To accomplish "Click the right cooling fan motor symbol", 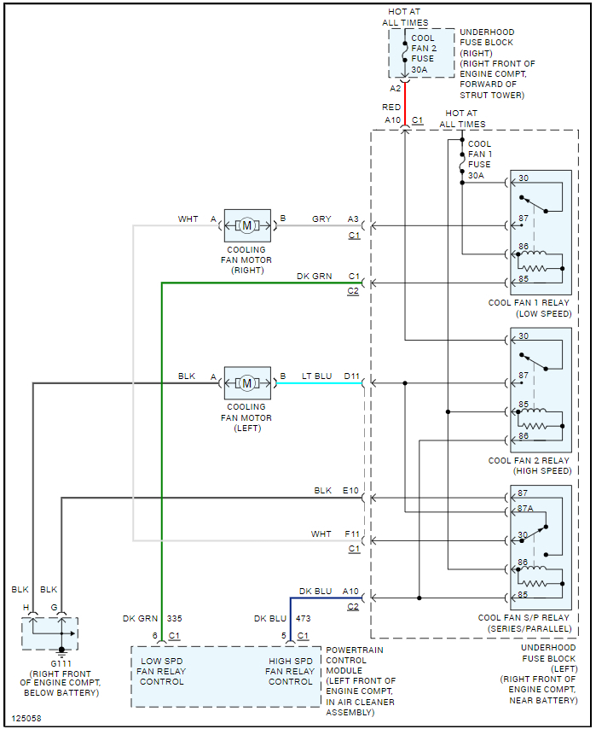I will coord(247,225).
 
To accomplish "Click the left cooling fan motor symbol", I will coord(247,382).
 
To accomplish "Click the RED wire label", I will coord(391,108).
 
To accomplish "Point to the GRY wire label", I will coord(321,219).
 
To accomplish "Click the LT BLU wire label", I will coord(317,376).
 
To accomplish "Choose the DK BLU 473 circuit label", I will coord(286,618).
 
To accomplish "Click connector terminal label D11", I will coord(351,376).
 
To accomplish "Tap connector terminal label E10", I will coord(350,491).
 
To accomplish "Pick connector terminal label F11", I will coord(351,534).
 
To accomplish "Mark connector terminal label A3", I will coord(353,219).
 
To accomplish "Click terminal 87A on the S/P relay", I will coord(525,508).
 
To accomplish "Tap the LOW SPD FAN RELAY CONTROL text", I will coord(162,672).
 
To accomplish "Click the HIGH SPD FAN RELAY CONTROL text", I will coord(291,672).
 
